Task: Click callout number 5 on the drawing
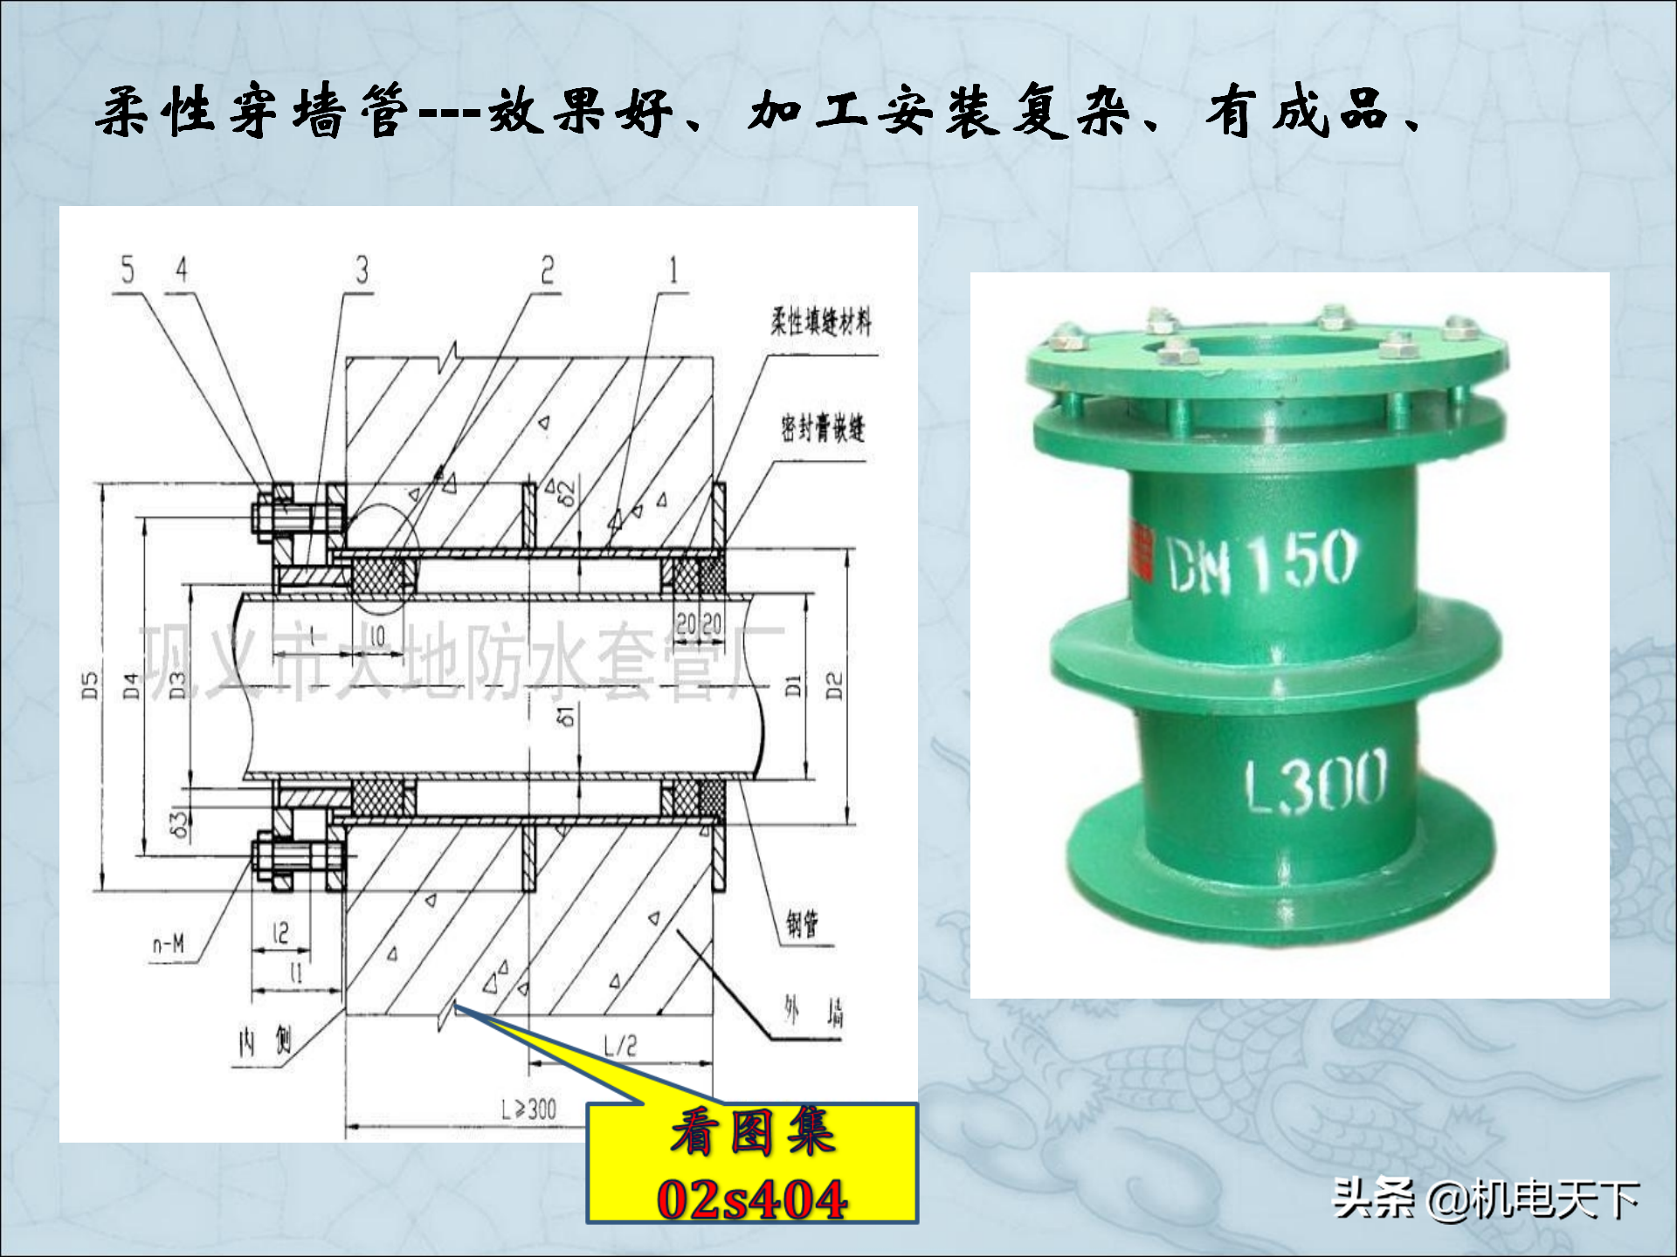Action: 128,270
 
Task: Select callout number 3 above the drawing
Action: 362,270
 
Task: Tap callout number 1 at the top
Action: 673,270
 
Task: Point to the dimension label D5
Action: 90,685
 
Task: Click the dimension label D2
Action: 835,685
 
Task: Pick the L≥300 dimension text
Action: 529,1109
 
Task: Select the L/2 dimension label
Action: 620,1045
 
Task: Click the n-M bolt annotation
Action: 169,944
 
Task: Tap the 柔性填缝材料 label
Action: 820,322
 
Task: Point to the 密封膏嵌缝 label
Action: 823,428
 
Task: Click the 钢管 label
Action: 802,924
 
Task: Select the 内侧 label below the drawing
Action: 266,1041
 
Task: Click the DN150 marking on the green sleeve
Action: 1262,561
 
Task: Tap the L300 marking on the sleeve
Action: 1315,780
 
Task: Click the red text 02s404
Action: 752,1199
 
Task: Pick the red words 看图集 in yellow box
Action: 753,1132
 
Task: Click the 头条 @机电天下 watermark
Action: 1485,1199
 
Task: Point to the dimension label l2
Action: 280,933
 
